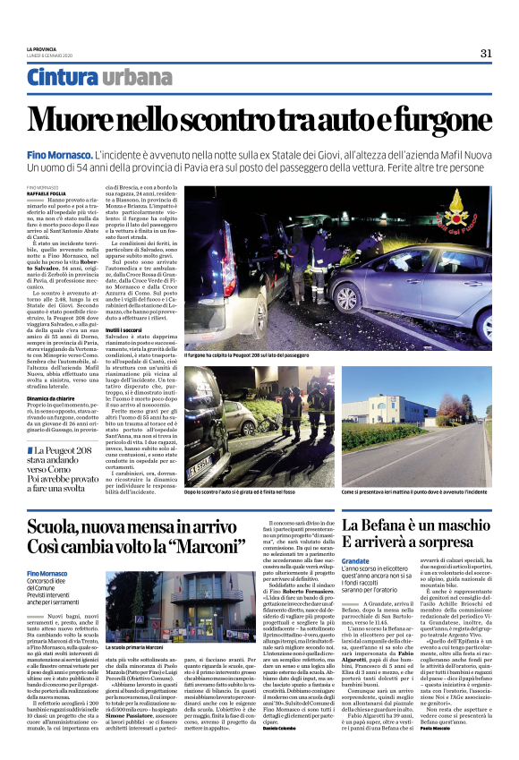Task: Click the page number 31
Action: (x=486, y=53)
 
